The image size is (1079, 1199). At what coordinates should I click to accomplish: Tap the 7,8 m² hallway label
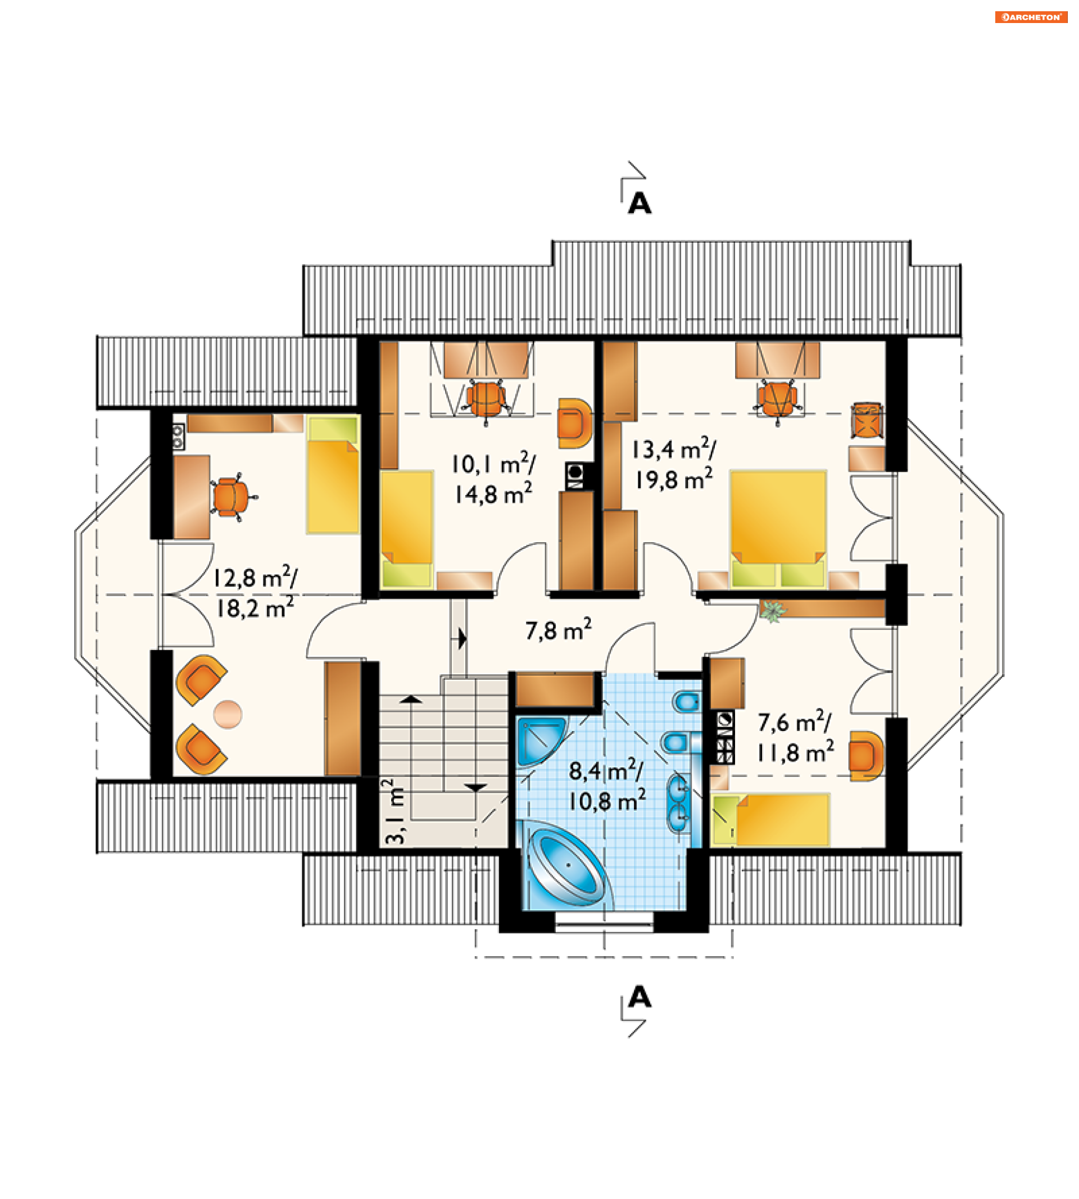coord(558,629)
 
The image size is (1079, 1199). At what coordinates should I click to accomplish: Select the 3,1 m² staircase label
coord(395,811)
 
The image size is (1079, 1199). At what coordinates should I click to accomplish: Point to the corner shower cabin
coord(541,741)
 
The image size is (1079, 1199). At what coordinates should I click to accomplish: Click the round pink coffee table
coord(228,714)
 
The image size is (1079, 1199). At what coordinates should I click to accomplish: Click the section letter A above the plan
coord(640,203)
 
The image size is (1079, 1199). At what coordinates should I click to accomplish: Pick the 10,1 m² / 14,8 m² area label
coord(493,479)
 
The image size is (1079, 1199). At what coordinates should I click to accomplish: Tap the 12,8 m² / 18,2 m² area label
coord(255,592)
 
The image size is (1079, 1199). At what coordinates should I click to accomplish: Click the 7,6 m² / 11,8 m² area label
coord(795,737)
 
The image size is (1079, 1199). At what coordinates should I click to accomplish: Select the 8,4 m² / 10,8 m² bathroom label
coord(606,786)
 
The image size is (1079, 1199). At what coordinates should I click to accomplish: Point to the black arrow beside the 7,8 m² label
coord(463,639)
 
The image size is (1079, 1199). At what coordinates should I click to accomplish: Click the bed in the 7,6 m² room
coord(770,820)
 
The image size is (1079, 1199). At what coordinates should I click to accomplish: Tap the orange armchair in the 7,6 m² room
coord(865,756)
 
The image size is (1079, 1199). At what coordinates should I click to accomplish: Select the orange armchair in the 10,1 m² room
coord(574,423)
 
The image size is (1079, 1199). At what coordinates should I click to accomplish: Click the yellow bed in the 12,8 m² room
coord(333,475)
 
